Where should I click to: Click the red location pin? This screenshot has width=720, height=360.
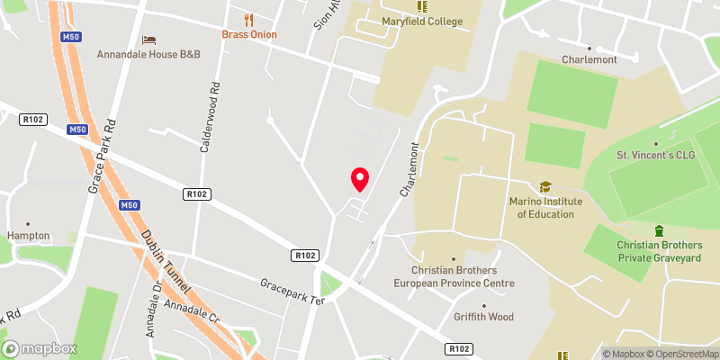coord(360,178)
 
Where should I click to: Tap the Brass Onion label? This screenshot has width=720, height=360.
coord(249,34)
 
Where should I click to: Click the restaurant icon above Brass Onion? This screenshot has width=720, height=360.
coord(249,19)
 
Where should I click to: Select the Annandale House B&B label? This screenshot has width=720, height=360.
coord(148,54)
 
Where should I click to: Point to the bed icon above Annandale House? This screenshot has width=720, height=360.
coord(149,40)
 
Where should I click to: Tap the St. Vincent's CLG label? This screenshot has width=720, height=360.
coord(656,156)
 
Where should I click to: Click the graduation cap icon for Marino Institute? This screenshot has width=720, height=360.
coord(544,187)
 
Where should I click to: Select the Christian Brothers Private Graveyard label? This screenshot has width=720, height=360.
coord(659,251)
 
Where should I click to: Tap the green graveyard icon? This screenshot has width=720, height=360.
coord(659,231)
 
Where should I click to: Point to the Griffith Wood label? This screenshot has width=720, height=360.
coord(483,317)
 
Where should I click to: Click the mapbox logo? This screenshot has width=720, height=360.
coord(40,348)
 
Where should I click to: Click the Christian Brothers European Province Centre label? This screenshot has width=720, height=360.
coord(462,276)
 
